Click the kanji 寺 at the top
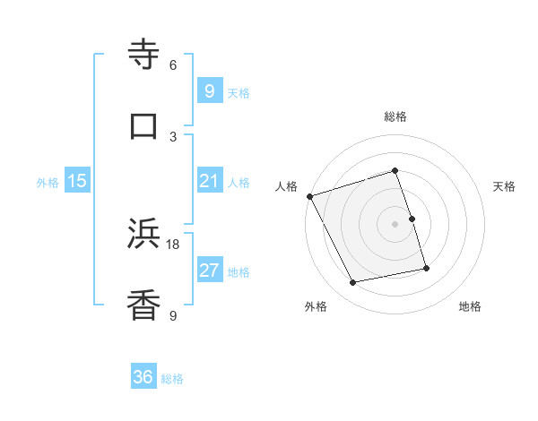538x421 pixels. (x=144, y=56)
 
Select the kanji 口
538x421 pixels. (x=144, y=125)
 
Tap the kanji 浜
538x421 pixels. (x=144, y=235)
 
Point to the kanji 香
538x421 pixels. (x=144, y=306)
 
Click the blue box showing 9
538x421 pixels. (x=209, y=90)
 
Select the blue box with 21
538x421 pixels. (x=209, y=182)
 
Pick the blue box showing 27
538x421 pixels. (x=209, y=271)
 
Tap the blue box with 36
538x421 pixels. (x=143, y=377)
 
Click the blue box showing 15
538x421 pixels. (x=77, y=182)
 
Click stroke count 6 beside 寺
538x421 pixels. (x=173, y=65)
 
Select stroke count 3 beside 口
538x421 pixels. (x=173, y=136)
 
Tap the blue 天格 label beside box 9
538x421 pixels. (x=238, y=92)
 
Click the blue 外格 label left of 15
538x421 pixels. (x=48, y=183)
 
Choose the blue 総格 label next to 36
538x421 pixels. (x=172, y=379)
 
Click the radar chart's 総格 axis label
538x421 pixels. (x=395, y=116)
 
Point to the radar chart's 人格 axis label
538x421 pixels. (x=286, y=186)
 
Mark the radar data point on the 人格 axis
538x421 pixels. (x=309, y=196)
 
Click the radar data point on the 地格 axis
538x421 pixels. (x=426, y=267)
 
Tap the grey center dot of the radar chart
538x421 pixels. (x=395, y=224)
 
